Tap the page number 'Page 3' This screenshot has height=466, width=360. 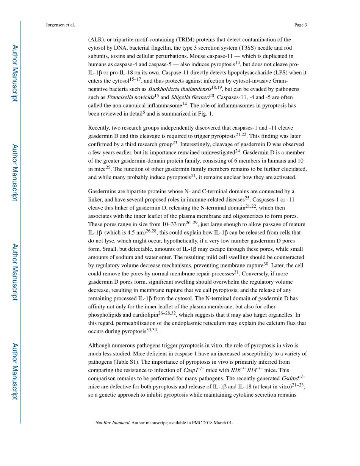(300, 25)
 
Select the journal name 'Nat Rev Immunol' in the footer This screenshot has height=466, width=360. (112, 423)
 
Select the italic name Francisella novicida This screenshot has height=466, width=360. (130, 97)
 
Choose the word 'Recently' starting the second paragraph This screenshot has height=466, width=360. (100, 128)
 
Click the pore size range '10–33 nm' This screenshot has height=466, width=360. (173, 224)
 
